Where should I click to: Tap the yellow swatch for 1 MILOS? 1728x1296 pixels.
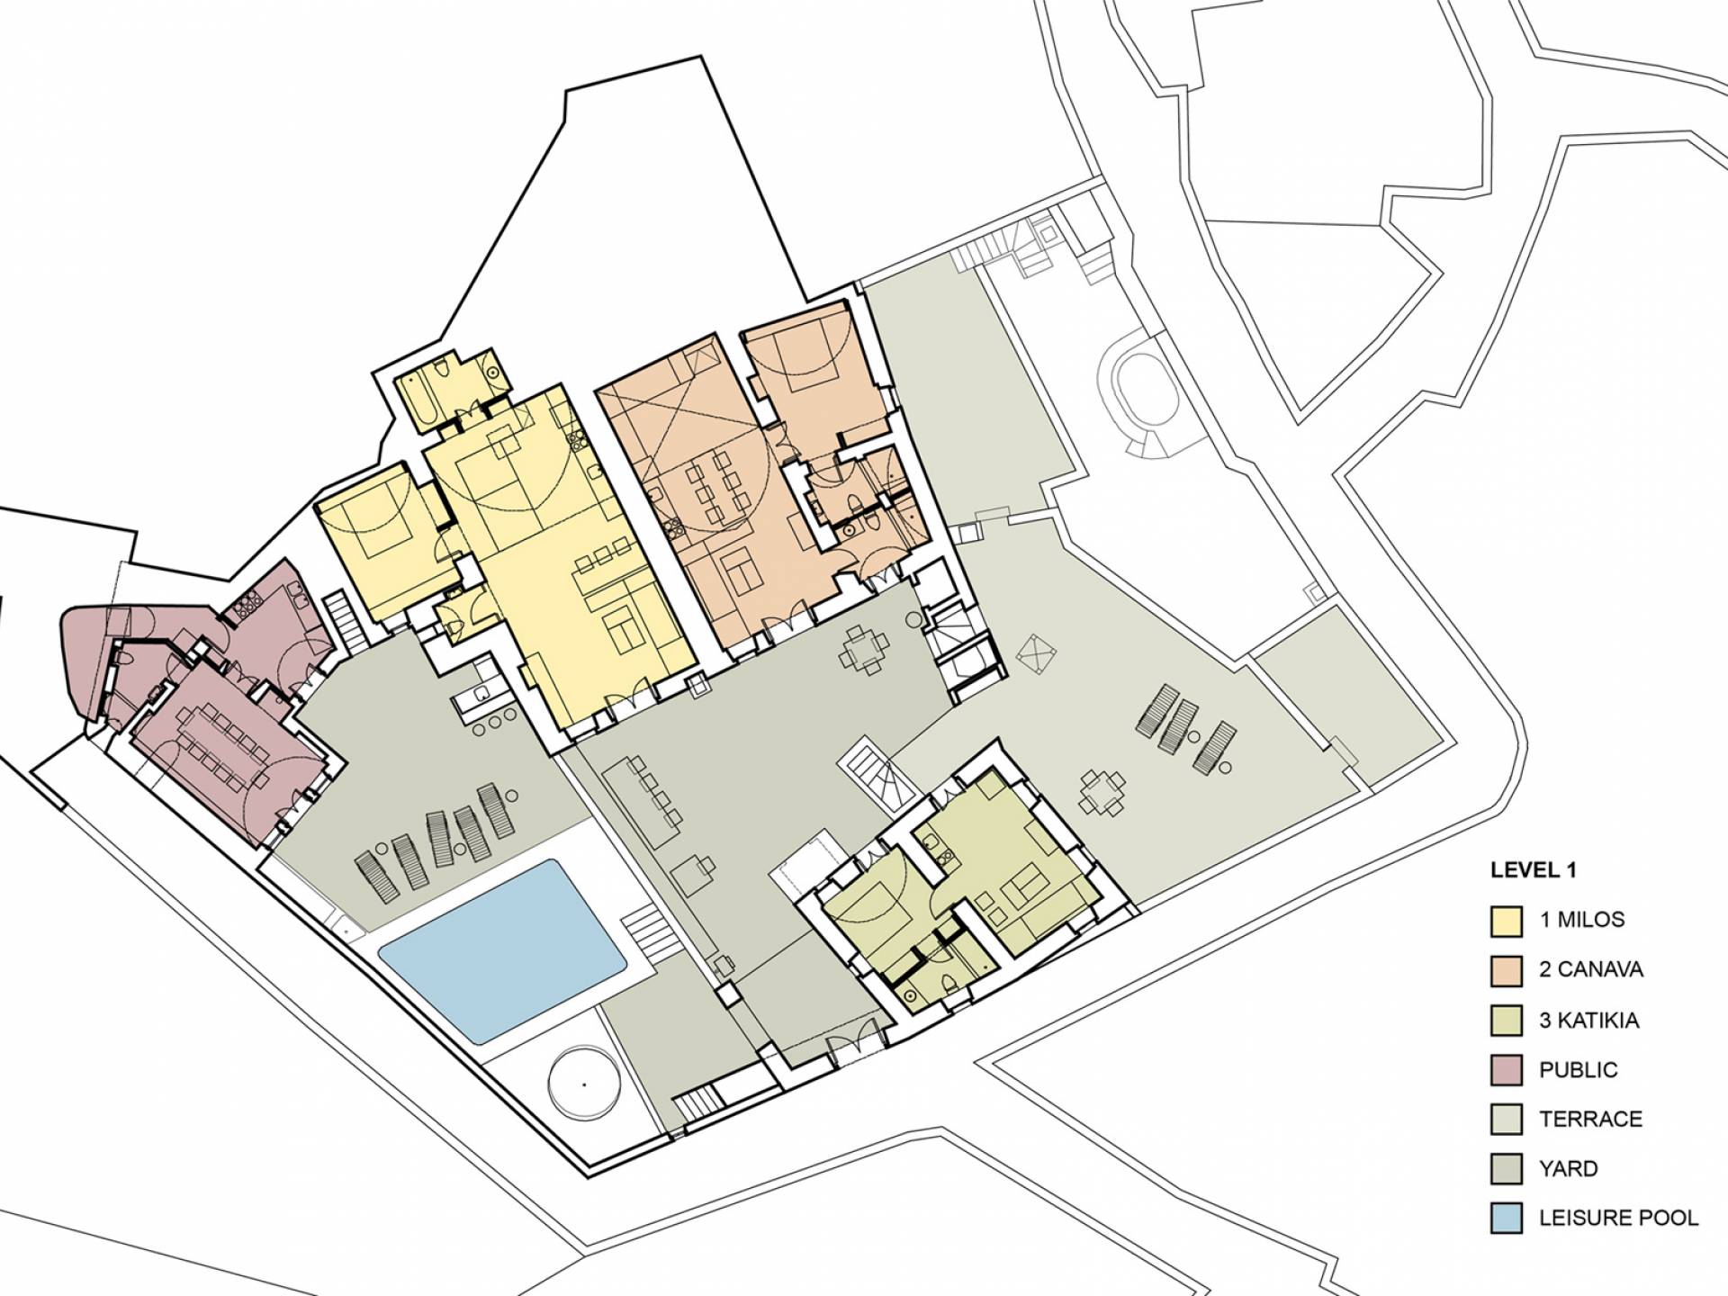pos(1506,920)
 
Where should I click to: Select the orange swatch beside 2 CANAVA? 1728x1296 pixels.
pos(1506,969)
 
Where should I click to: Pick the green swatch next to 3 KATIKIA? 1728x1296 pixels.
pos(1506,1020)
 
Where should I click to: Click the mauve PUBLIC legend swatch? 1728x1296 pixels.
pos(1506,1069)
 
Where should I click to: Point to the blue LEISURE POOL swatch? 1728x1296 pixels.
pos(1506,1218)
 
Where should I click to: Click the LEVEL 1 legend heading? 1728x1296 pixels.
pos(1534,870)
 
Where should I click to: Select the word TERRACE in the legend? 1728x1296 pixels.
pos(1590,1119)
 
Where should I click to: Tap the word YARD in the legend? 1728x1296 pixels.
pos(1569,1168)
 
